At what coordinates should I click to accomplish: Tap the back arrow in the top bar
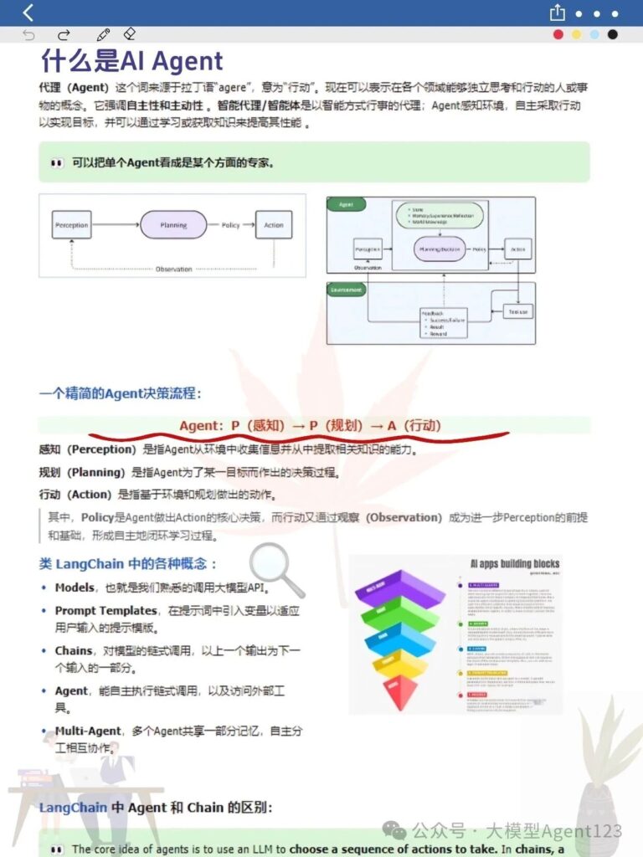click(28, 13)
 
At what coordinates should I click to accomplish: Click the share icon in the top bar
click(558, 13)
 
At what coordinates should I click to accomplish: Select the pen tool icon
click(104, 34)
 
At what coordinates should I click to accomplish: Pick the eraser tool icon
click(129, 34)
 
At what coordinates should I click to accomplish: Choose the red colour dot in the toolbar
click(558, 34)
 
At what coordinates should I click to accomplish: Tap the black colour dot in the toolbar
click(613, 34)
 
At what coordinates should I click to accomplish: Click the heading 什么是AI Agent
click(131, 61)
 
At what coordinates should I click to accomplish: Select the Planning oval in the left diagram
click(173, 225)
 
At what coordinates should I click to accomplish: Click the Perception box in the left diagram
click(72, 225)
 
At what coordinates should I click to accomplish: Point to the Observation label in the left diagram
click(173, 269)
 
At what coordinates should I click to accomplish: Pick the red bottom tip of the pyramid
click(399, 691)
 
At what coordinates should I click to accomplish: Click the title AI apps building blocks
click(514, 563)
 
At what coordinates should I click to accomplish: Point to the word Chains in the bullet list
click(74, 650)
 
